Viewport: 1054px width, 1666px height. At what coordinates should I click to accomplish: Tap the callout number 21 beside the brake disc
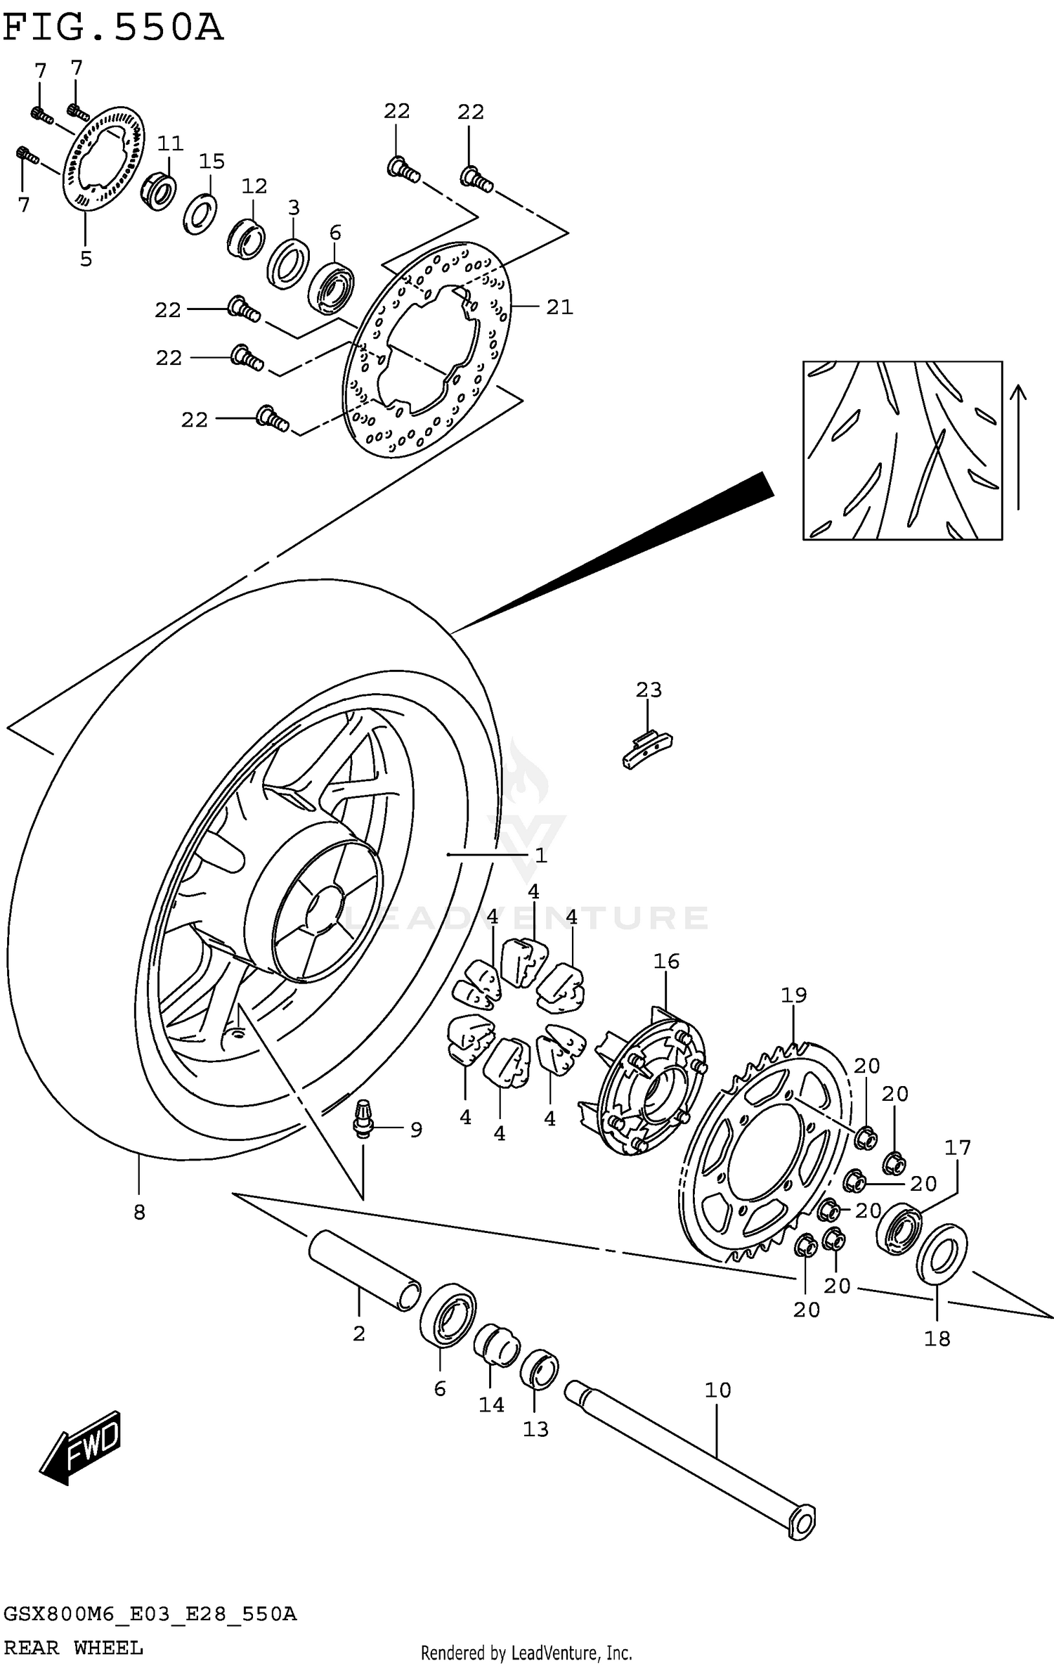(x=559, y=307)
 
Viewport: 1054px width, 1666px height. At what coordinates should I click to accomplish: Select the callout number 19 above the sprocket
(x=793, y=995)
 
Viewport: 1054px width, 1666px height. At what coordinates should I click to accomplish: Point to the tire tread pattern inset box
(x=902, y=451)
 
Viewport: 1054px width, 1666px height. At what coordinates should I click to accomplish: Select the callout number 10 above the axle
(x=717, y=1390)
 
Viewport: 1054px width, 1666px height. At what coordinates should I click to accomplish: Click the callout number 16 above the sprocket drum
(x=666, y=961)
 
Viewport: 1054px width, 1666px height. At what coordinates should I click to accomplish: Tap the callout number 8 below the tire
(x=139, y=1212)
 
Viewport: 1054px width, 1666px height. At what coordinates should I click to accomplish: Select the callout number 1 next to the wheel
(x=540, y=855)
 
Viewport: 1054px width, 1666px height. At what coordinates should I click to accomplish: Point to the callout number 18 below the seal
(x=937, y=1338)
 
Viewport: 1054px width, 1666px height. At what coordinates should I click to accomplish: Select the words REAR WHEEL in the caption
(x=73, y=1648)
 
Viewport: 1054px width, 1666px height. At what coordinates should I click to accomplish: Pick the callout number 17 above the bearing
(x=957, y=1147)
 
